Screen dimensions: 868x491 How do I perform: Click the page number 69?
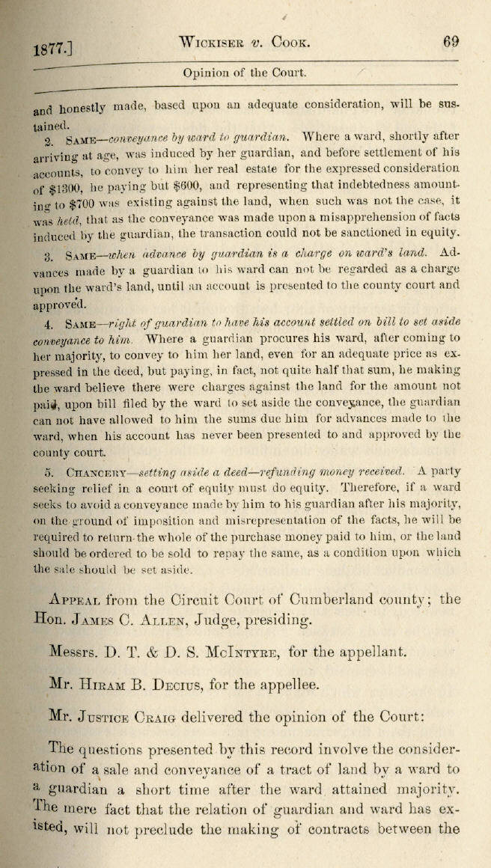point(451,42)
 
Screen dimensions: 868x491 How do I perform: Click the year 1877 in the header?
point(50,50)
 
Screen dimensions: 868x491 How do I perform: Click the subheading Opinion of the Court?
point(244,73)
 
